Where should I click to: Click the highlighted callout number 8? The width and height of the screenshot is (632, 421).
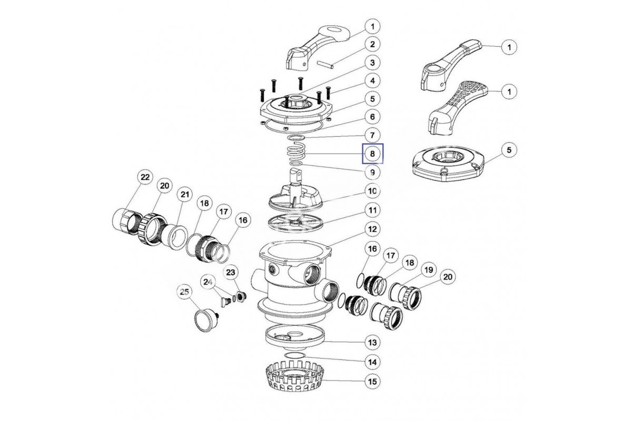point(372,154)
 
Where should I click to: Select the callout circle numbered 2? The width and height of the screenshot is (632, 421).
point(372,44)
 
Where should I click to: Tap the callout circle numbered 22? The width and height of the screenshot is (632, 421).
point(144,178)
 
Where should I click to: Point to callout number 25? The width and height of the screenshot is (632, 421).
point(184,291)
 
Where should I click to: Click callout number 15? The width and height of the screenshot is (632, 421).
point(372,380)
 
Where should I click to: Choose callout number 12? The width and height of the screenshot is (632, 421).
point(372,229)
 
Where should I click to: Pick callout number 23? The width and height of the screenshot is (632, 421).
point(232,272)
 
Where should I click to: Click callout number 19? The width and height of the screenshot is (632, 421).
point(428,270)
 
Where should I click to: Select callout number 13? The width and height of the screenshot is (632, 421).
point(372,343)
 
